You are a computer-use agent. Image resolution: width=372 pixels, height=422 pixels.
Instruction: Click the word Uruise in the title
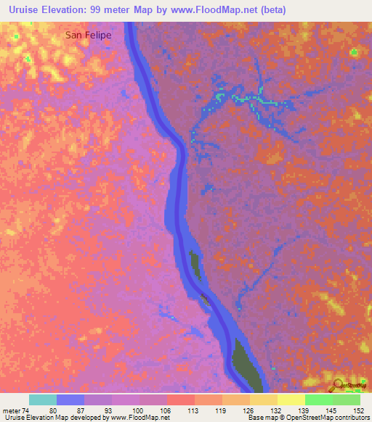(23, 10)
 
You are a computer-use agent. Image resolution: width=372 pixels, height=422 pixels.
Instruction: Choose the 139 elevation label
(304, 410)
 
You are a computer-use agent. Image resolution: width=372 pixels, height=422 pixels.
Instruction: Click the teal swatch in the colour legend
(43, 399)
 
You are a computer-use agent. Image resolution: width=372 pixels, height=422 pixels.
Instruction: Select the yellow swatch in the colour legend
(291, 399)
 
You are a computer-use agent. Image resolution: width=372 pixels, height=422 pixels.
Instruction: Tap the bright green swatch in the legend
(319, 399)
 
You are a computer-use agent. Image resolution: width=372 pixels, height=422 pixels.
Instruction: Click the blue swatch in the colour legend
(70, 399)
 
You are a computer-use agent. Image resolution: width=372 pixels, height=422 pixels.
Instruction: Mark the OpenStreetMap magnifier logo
(339, 384)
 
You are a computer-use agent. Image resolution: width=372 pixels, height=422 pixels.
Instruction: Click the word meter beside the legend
(12, 410)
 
